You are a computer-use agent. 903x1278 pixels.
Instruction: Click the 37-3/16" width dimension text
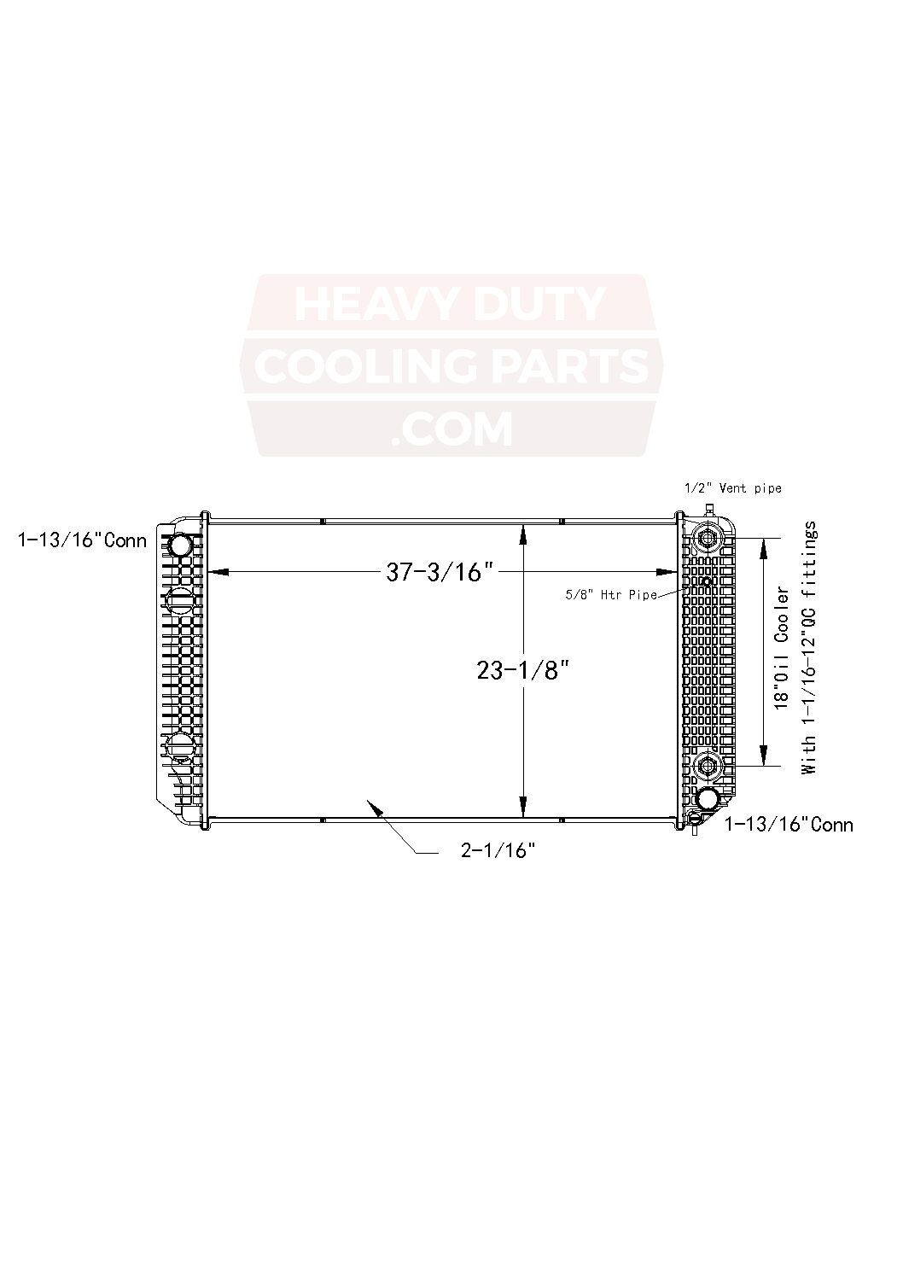440,572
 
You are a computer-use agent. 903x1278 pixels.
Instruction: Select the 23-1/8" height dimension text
523,670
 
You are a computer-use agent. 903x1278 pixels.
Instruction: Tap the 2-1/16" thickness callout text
498,850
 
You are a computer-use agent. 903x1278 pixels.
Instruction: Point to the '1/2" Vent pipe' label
733,487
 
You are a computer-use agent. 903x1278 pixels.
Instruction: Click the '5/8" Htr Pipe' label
611,595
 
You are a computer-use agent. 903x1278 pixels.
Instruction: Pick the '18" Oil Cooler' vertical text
782,648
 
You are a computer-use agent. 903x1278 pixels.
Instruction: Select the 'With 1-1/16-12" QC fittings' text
809,648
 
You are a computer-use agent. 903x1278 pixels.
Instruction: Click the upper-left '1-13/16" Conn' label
82,540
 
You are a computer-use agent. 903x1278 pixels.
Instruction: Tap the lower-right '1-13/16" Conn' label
789,825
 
